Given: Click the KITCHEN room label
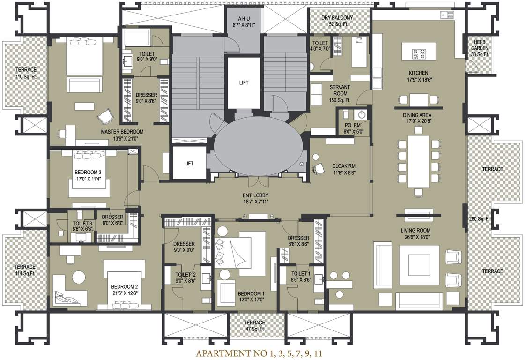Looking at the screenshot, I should [418, 73].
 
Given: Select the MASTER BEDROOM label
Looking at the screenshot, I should [122, 132].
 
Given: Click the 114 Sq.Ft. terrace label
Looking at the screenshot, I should [24, 273].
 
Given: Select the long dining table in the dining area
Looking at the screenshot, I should [418, 160].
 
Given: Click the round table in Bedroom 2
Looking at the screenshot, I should [78, 277].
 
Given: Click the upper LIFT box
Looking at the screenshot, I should [244, 82].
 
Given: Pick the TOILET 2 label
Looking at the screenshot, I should [185, 275].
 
